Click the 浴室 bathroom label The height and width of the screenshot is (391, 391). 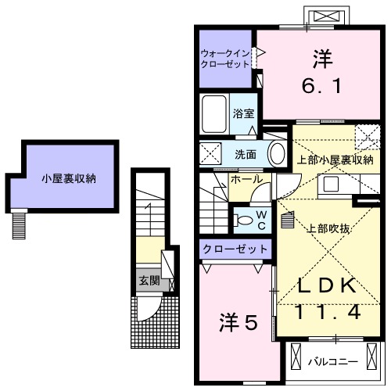pyautogui.click(x=243, y=114)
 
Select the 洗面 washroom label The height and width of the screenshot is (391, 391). pyautogui.click(x=246, y=154)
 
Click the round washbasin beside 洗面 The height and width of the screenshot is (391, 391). pyautogui.click(x=278, y=152)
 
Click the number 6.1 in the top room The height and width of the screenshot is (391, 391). pyautogui.click(x=317, y=88)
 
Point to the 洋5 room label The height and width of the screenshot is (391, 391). pyautogui.click(x=237, y=321)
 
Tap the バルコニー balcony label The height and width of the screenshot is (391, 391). pyautogui.click(x=332, y=362)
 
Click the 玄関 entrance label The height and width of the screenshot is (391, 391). pyautogui.click(x=149, y=279)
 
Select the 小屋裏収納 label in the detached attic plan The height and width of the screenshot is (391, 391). pyautogui.click(x=69, y=178)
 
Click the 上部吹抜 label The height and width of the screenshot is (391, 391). pyautogui.click(x=326, y=229)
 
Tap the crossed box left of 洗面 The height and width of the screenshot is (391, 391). pyautogui.click(x=210, y=153)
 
